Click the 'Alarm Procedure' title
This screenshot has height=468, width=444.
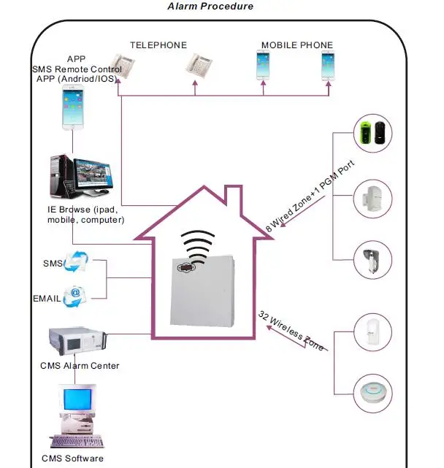coord(211,7)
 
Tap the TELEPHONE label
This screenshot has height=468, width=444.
coord(158,45)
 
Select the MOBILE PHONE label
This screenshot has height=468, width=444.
coord(296,45)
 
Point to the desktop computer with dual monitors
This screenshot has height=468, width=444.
coord(80,177)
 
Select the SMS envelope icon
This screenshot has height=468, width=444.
coord(74,261)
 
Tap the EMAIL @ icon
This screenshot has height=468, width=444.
coord(74,295)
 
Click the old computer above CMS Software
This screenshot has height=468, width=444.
coord(78,416)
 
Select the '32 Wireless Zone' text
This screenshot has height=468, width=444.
coord(291,331)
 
